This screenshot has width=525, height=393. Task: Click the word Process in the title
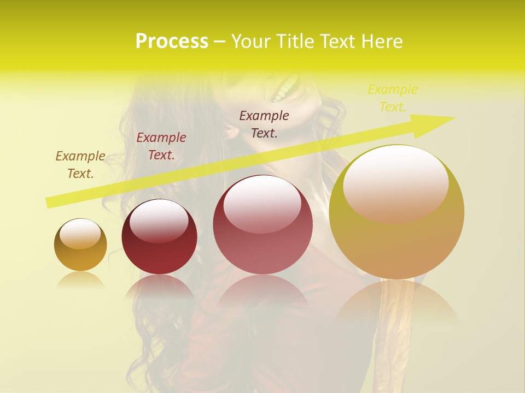click(172, 41)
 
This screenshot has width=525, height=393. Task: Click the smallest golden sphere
click(80, 245)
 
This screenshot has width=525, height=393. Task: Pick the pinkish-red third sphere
click(262, 224)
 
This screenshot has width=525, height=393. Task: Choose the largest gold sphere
click(396, 212)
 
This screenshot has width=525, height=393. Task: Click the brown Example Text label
click(80, 165)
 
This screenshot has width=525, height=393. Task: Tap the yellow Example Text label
click(393, 98)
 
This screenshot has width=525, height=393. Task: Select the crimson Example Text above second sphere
click(161, 146)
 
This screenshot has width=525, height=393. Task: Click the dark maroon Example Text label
click(264, 124)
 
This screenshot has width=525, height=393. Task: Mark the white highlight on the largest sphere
click(395, 183)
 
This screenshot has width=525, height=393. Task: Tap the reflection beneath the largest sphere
click(396, 303)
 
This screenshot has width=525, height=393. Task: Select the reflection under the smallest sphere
click(80, 280)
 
